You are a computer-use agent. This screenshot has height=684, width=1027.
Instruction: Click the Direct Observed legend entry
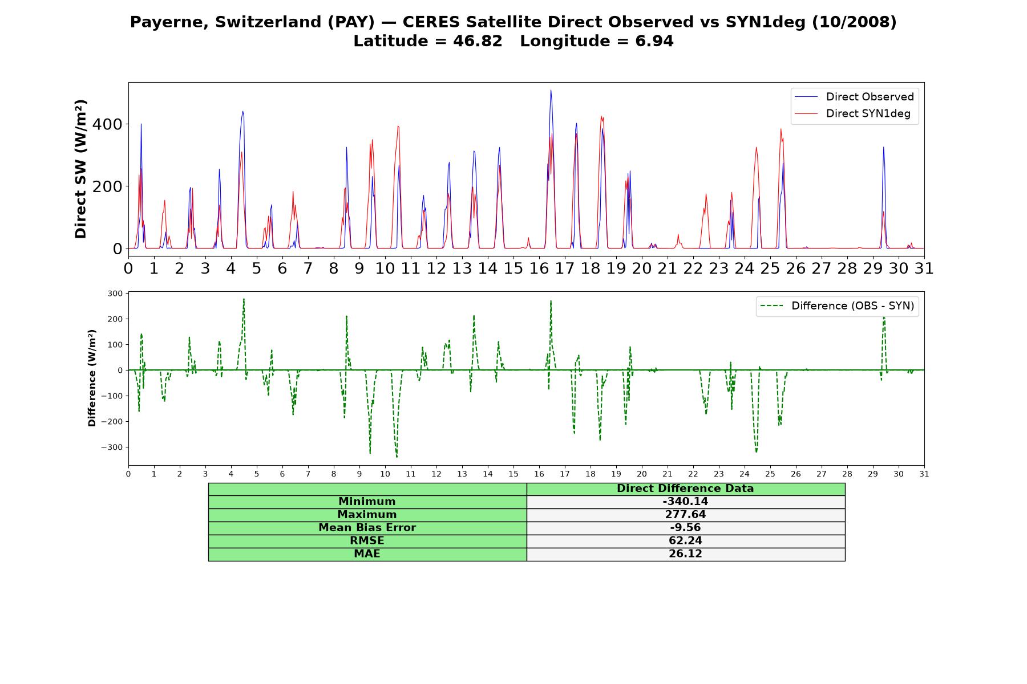coord(854,97)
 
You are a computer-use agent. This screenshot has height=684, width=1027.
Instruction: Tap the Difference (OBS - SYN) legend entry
coord(837,306)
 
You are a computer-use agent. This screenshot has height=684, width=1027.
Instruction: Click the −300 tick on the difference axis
coord(112,447)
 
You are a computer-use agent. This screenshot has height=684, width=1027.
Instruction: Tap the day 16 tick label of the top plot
coord(539,268)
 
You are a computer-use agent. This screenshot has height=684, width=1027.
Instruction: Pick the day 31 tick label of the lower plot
coord(924,474)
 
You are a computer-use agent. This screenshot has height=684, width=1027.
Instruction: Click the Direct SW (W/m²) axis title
coord(81,169)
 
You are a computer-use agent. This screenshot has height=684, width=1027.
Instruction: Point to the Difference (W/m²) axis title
coord(92,378)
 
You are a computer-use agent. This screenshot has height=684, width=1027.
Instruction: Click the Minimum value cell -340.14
coord(685,502)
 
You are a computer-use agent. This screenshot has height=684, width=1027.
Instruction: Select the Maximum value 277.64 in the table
coord(685,515)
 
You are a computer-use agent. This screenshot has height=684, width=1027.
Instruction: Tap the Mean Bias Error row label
coord(367,528)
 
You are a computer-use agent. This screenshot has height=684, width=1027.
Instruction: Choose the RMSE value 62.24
coord(685,541)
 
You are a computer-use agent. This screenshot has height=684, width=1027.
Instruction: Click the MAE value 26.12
coord(685,554)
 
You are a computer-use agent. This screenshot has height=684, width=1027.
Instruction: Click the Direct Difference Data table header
coord(685,488)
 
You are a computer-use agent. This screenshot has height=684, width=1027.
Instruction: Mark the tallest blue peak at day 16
coord(551,90)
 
